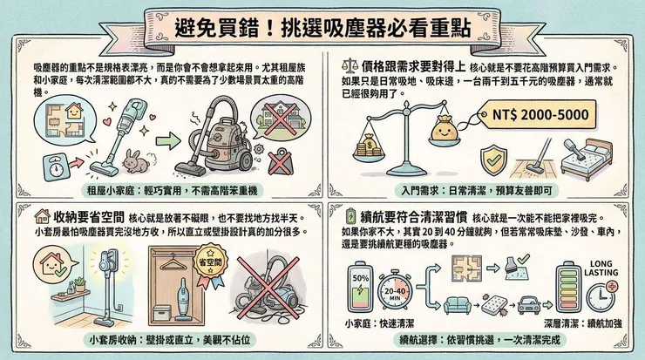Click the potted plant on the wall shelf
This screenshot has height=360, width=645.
(78, 283)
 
